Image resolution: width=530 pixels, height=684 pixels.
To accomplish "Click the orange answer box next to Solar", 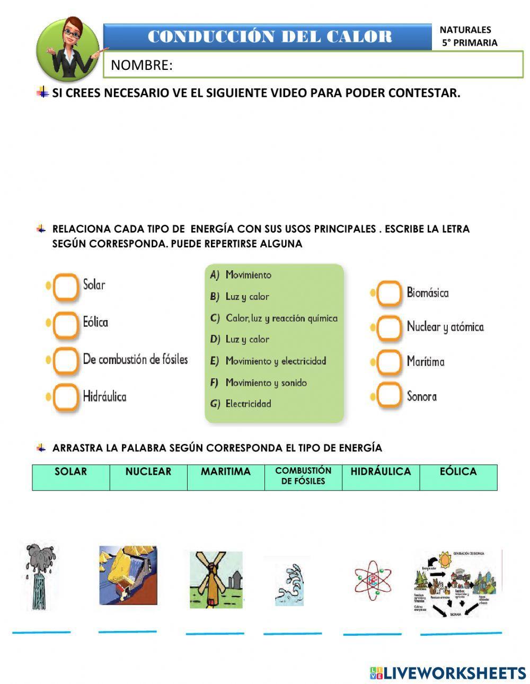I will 66,287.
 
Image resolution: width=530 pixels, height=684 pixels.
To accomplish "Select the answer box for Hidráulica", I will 66,397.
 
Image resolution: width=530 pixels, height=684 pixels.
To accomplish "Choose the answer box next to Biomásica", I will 390,294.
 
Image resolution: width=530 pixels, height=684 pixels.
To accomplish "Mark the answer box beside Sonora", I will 390,396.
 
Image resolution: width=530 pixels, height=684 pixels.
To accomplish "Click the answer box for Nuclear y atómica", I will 390,328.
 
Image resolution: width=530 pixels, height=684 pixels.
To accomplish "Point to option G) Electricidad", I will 241,404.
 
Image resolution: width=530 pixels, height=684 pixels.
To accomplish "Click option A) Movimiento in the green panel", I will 241,275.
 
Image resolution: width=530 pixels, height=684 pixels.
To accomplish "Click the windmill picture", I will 216,579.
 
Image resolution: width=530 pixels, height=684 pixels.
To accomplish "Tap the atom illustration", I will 373,580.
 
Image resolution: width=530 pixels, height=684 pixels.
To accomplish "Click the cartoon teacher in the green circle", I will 69,49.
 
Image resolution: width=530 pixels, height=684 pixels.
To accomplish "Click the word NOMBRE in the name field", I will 142,65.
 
